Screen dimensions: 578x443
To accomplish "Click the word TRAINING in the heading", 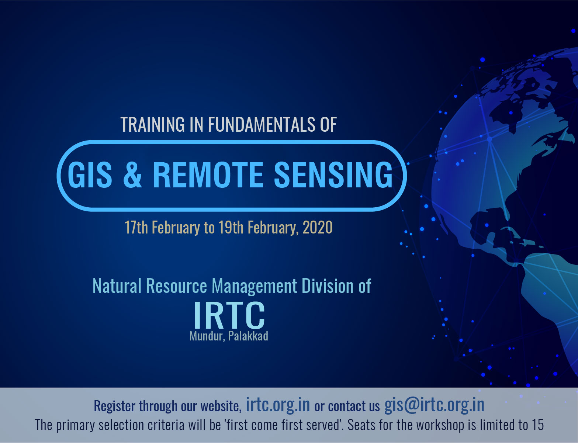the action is point(153,124).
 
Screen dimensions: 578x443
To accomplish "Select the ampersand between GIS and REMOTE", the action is point(132,175).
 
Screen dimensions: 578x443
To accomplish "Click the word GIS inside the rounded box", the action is point(90,175).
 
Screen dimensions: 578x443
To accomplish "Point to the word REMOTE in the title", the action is point(208,175).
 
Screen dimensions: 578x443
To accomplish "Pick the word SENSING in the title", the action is point(333,175).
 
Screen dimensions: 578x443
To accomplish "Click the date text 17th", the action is point(136,227).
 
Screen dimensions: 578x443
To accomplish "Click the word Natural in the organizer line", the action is point(117,286).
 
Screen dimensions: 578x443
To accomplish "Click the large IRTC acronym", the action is point(229,315).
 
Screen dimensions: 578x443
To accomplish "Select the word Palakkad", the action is point(248,336).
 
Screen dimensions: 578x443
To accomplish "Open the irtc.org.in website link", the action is point(278,405).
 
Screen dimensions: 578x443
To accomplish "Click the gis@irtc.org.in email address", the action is point(434,405).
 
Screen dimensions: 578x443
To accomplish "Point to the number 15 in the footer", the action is point(537,425).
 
